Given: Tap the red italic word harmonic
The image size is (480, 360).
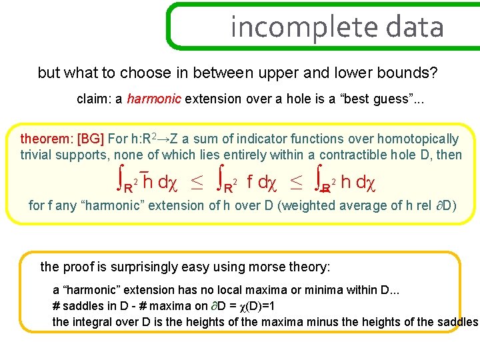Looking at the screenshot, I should tap(154, 99).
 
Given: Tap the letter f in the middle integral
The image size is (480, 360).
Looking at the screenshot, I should tap(249, 181).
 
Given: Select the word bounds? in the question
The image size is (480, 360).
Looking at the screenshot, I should tap(412, 73).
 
